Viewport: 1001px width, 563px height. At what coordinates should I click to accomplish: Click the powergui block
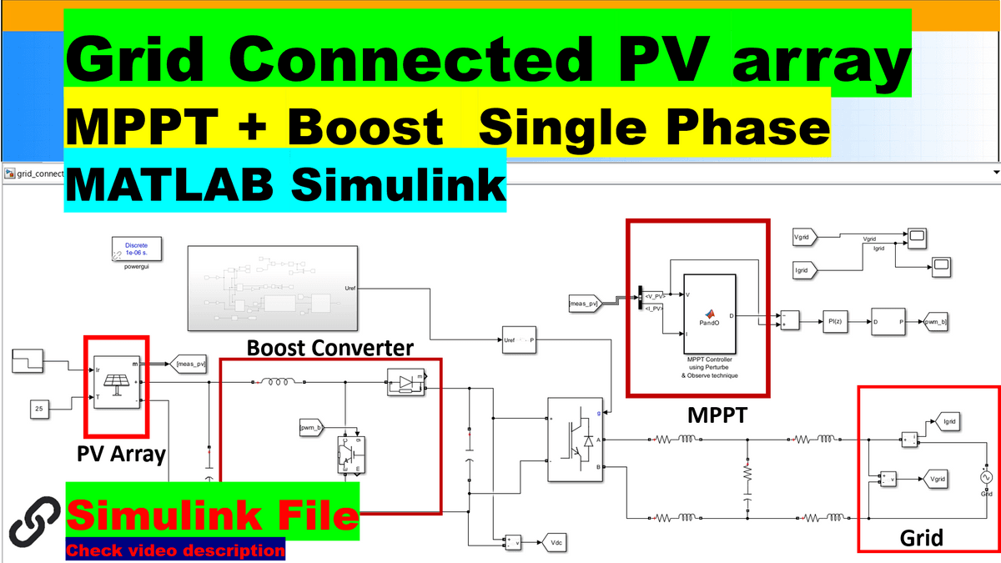point(136,249)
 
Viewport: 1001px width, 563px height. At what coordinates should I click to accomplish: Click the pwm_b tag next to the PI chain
point(934,321)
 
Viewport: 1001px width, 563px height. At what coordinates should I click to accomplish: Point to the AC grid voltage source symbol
point(986,477)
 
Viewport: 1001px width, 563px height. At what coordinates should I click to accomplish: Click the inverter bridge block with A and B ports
point(574,439)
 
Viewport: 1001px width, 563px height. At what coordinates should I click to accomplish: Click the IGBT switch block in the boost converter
point(350,454)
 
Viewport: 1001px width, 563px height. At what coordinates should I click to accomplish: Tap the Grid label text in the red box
point(921,537)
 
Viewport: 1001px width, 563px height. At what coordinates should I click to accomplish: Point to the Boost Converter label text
point(330,347)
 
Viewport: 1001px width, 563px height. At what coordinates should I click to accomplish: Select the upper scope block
point(918,237)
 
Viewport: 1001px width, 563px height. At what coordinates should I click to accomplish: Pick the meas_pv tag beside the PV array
point(189,363)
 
